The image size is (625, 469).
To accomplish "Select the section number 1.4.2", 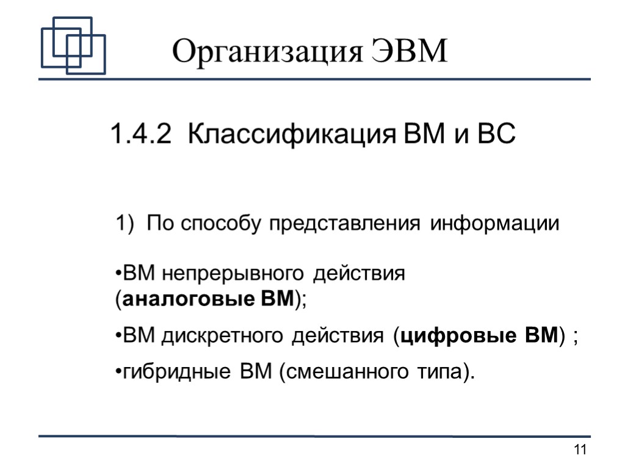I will pos(140,134).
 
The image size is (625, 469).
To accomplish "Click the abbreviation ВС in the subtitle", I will pos(497,134).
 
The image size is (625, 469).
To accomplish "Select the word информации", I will pos(495,224).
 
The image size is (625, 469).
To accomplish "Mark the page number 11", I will pos(580,451).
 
